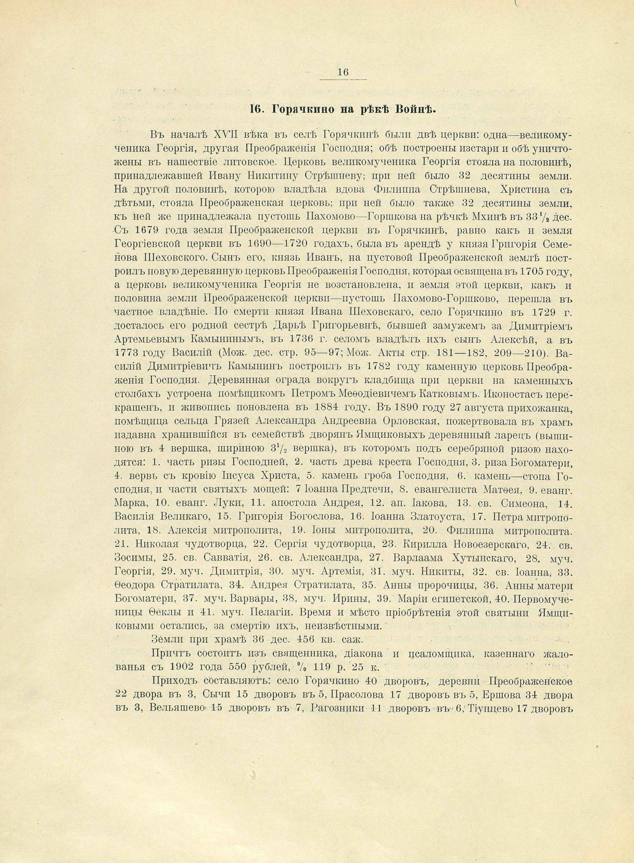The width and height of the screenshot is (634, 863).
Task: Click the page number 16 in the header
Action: (x=343, y=72)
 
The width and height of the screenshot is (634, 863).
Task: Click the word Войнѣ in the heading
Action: (x=415, y=109)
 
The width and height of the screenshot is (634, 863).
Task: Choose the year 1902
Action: (x=186, y=667)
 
